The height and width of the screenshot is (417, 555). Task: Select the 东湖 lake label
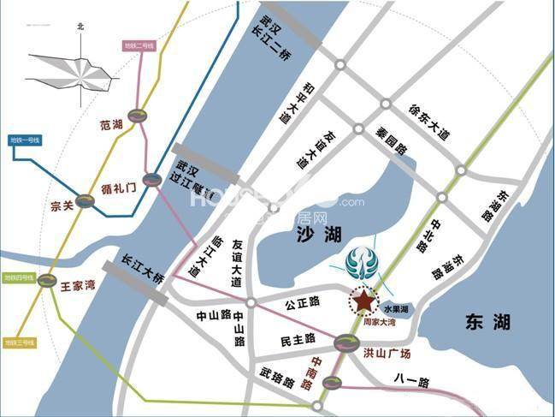488,322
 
